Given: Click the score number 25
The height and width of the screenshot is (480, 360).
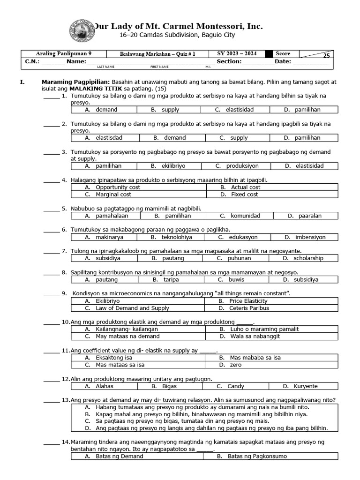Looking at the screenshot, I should click(326, 55).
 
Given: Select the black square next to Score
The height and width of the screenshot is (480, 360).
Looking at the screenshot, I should click(269, 54).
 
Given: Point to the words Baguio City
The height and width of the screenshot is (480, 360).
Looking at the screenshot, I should click(218, 35).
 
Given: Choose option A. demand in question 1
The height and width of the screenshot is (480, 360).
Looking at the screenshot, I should click(101, 110).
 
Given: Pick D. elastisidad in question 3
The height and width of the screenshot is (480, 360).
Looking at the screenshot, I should click(304, 166).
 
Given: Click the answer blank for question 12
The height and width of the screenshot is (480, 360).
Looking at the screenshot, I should click(51, 380).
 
